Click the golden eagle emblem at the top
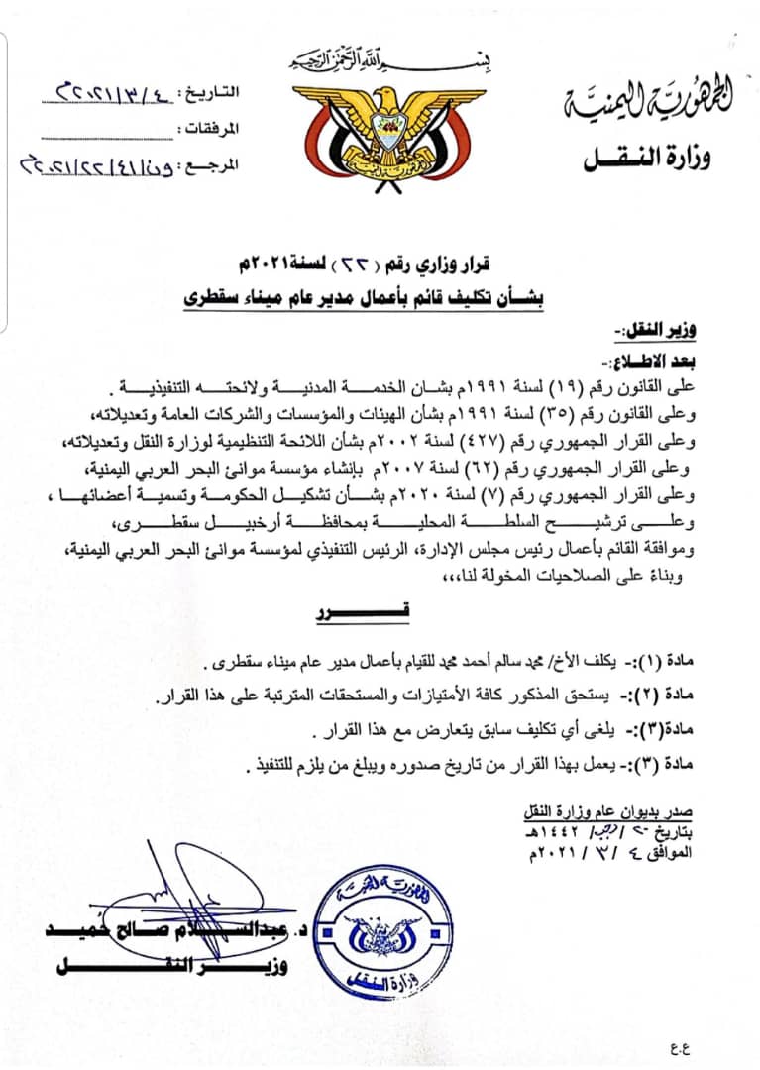380,130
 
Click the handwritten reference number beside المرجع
91,164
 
